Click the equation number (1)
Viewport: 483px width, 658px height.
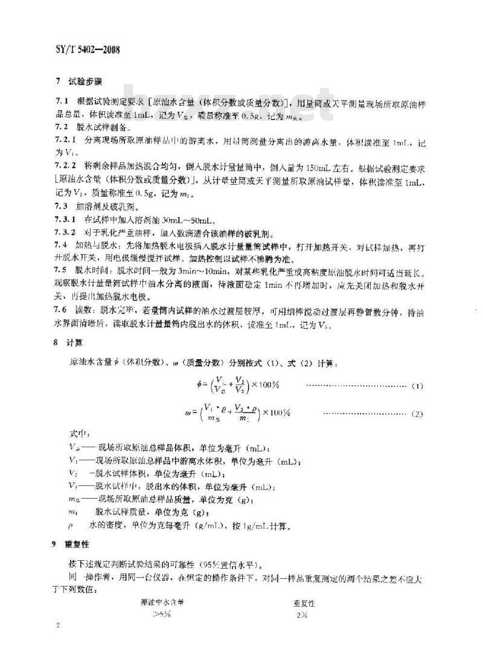(x=416, y=386)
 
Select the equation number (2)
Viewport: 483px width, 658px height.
(x=416, y=414)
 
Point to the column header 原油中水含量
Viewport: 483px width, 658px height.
(x=162, y=602)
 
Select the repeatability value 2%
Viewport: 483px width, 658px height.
(x=302, y=615)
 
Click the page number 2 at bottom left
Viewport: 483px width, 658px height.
(x=59, y=644)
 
